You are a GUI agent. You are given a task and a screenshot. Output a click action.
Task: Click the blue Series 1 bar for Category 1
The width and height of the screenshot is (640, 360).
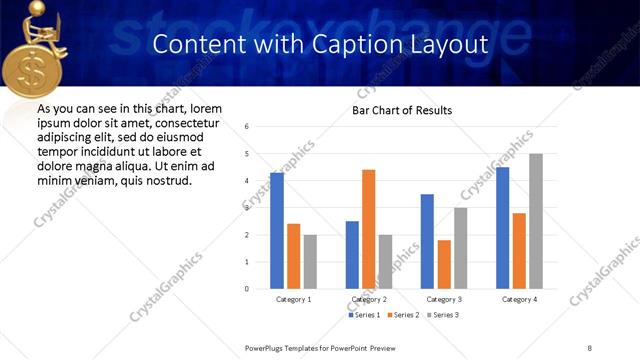click(277, 231)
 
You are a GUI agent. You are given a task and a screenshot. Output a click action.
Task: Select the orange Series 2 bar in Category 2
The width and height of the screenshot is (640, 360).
click(368, 229)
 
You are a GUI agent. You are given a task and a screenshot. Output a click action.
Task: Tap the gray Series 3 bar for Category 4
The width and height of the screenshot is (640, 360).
click(536, 221)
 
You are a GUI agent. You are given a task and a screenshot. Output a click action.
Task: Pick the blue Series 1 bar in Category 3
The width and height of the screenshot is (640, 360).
click(427, 241)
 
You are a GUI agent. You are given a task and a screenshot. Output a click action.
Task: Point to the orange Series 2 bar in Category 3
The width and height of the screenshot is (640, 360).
click(444, 264)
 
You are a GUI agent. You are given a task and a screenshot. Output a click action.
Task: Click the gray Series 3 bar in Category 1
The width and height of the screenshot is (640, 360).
click(310, 261)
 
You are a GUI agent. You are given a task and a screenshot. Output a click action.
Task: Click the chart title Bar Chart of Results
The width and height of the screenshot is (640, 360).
click(402, 110)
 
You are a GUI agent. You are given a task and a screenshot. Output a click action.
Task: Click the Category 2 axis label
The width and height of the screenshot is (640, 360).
click(368, 299)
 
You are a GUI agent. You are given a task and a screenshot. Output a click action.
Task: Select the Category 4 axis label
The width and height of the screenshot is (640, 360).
click(519, 299)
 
